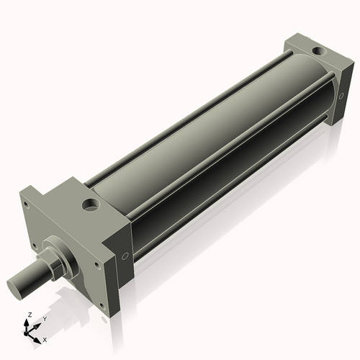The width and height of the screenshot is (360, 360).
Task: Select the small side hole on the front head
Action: pos(125,255)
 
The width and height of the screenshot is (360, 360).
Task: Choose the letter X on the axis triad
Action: pos(45,338)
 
